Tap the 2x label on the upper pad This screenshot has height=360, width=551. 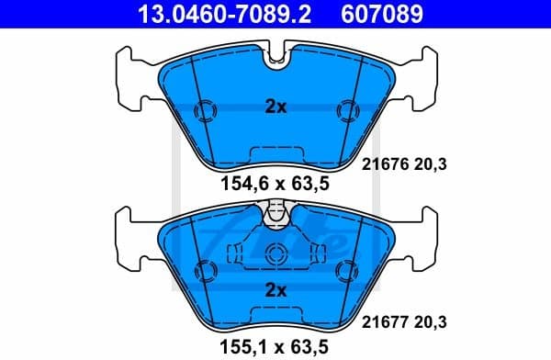point(275,107)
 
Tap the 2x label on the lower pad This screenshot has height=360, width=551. point(275,290)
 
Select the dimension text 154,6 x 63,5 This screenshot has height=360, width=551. point(275,184)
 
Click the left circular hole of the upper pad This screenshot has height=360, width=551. point(206,111)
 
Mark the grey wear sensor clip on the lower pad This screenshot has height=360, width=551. point(275,214)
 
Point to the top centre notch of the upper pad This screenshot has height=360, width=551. point(275,61)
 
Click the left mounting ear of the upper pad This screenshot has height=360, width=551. point(131,78)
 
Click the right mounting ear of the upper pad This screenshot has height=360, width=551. point(420,78)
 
